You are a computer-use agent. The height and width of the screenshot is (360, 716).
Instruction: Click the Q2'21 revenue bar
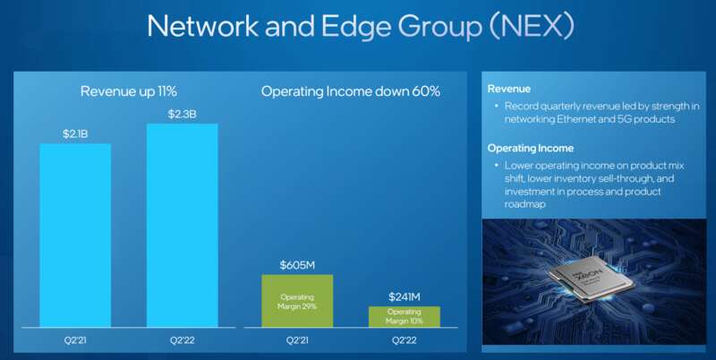point(75,236)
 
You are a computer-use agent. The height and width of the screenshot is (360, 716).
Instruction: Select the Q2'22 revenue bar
point(183,226)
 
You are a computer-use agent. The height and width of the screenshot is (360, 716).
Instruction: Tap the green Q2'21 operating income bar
point(297,301)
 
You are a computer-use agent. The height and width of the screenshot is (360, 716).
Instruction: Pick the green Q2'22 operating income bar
point(405,317)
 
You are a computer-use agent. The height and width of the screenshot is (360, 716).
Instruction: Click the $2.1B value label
point(75,133)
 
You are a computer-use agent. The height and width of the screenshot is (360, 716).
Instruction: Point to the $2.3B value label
point(183,115)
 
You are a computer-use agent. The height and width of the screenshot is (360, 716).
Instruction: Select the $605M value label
point(297,265)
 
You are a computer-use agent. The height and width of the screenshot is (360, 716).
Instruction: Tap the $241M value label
point(405,297)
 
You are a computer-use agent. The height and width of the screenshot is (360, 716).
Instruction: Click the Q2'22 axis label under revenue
point(183,340)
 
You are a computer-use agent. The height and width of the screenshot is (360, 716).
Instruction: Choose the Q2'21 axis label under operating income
point(297,340)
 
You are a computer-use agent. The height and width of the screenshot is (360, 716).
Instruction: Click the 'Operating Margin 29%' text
point(297,302)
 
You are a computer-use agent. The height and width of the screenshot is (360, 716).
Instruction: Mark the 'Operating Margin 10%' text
point(405,316)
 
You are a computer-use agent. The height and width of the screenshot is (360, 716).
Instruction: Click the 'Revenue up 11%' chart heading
point(128,91)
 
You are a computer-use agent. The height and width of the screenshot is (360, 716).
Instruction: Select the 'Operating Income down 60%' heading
point(351,91)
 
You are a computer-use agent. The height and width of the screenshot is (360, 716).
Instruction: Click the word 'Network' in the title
point(203,26)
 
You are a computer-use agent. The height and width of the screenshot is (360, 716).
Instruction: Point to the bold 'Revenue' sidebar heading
point(508,89)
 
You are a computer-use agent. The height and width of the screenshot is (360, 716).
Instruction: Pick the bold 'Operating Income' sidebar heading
point(530,148)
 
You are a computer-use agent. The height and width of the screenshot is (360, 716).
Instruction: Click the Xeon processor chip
point(591,279)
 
